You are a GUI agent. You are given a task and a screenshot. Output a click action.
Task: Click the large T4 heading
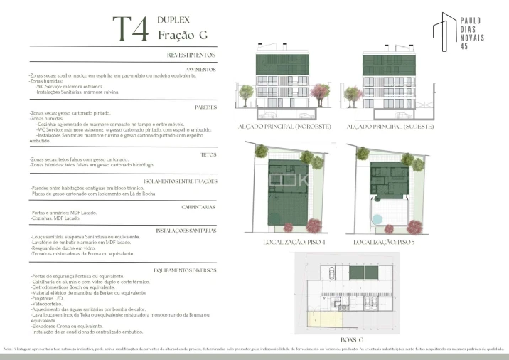(x=132, y=29)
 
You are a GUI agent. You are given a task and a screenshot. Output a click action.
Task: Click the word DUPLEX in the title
(x=173, y=21)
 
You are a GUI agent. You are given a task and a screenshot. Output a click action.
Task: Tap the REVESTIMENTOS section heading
(x=191, y=55)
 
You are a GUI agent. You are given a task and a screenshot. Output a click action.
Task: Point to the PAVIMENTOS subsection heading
(x=199, y=69)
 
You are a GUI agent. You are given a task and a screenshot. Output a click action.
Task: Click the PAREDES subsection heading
(x=205, y=107)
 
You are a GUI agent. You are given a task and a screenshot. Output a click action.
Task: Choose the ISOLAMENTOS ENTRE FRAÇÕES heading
(x=181, y=181)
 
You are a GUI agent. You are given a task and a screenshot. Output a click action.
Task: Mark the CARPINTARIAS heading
(x=198, y=206)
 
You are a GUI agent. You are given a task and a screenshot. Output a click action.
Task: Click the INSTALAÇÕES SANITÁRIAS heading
(x=186, y=231)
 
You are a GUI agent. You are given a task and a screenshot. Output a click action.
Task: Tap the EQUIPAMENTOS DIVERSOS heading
(x=185, y=270)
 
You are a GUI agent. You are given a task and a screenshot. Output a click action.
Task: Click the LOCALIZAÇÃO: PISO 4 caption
(x=294, y=243)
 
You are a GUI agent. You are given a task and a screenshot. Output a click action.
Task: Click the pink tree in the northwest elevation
(x=321, y=92)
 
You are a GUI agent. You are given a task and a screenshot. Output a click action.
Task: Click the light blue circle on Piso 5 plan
(x=377, y=220)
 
